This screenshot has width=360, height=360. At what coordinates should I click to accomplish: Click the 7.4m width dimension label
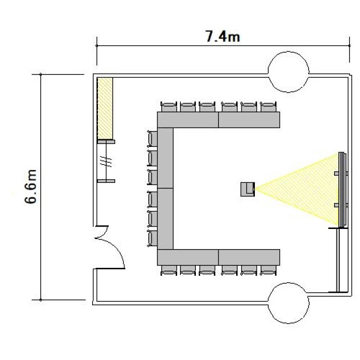[222, 36]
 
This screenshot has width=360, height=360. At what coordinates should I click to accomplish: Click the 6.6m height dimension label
[30, 186]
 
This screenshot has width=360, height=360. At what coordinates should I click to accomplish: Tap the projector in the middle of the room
[248, 189]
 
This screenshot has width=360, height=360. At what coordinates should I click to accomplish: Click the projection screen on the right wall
[342, 190]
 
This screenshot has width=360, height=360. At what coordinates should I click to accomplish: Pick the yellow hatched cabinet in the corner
[105, 108]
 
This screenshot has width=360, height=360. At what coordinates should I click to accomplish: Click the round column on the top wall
[288, 72]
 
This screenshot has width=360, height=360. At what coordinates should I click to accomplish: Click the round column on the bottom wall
[288, 303]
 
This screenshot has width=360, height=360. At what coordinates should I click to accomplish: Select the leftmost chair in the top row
[169, 107]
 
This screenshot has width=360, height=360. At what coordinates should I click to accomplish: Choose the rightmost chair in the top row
[268, 107]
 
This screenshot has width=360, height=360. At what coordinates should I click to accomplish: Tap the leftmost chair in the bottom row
[169, 270]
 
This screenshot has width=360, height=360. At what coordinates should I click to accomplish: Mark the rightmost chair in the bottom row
[268, 270]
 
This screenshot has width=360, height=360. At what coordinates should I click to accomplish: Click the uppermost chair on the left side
[152, 139]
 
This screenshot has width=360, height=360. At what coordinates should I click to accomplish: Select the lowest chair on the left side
[152, 238]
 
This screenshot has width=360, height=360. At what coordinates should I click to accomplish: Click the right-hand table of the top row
[249, 120]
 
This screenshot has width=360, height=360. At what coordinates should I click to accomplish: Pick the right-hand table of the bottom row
[249, 257]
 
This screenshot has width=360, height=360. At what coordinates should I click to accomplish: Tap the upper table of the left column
[165, 158]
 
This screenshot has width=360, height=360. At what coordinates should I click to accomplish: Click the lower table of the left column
[165, 219]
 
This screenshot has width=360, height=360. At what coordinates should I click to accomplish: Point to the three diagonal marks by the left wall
[106, 161]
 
